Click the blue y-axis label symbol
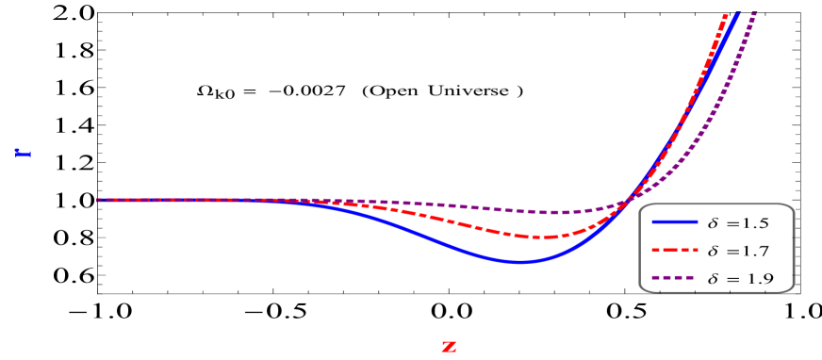click(x=24, y=152)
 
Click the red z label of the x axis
click(x=449, y=346)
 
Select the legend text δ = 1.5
click(x=739, y=224)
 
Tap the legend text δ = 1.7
click(x=739, y=252)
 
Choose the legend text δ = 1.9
click(x=740, y=278)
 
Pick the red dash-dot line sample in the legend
click(x=674, y=252)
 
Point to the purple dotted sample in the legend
click(x=674, y=278)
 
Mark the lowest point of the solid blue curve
click(x=518, y=262)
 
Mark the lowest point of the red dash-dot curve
click(x=539, y=237)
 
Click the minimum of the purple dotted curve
click(x=558, y=212)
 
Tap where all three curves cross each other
click(x=627, y=200)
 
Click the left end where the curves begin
click(x=98, y=200)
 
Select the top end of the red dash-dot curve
click(x=725, y=14)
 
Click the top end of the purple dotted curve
click(x=755, y=12)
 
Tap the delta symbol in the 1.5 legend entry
click(x=713, y=224)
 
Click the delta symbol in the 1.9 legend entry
click(x=713, y=278)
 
